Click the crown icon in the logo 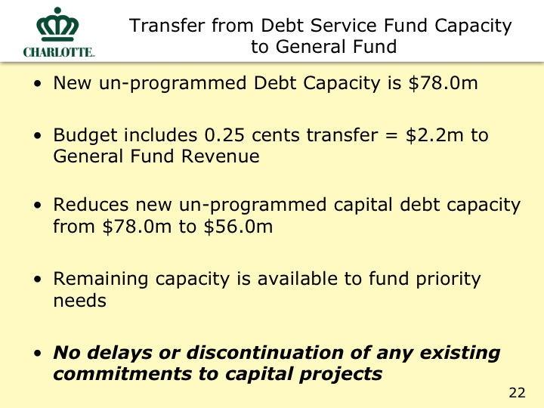57,24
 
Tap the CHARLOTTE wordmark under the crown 59,52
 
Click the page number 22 517,393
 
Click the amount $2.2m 434,135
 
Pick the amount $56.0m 238,227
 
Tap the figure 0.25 224,135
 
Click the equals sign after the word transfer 391,136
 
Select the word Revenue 221,156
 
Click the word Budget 85,136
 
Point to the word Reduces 91,205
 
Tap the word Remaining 100,280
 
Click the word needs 80,301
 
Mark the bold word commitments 122,374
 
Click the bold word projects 341,375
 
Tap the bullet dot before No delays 38,354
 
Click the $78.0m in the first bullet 443,83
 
